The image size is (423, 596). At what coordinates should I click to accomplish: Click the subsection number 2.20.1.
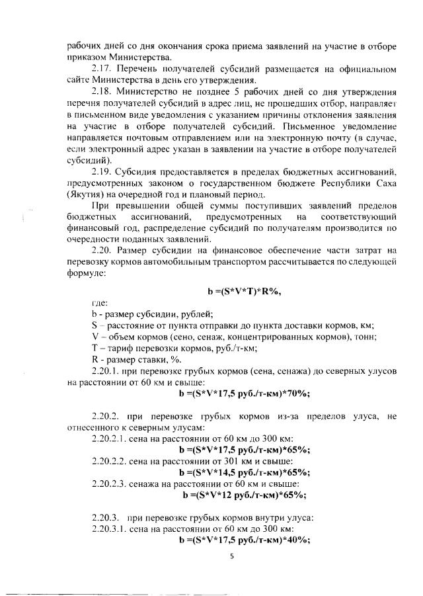(x=106, y=371)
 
